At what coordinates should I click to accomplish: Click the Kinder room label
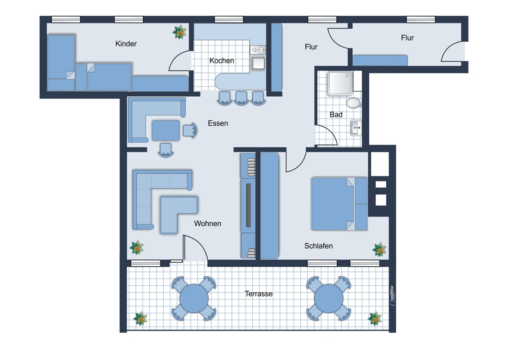point(126,44)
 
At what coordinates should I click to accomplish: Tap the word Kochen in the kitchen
point(222,60)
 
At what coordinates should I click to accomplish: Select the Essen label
point(218,123)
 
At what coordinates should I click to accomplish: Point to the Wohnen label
point(208,224)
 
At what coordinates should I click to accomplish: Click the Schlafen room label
point(318,246)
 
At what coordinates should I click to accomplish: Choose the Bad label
point(336,114)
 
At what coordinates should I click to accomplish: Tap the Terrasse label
point(259,294)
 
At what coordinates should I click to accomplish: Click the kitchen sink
point(258,63)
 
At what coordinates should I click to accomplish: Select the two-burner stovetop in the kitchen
point(258,49)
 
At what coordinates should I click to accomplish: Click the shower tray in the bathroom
point(340,83)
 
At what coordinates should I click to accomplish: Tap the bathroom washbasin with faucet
point(356,128)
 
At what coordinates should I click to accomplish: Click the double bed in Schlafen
point(339,204)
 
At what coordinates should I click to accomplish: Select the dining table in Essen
point(166,130)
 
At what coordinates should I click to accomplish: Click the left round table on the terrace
point(194,298)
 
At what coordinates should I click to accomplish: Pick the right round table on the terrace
point(329,298)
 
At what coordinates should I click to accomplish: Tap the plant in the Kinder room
point(179,32)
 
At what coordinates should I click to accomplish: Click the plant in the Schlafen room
point(379,250)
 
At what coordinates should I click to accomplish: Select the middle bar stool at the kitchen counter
point(241,98)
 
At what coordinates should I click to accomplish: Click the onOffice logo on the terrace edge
point(392,296)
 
